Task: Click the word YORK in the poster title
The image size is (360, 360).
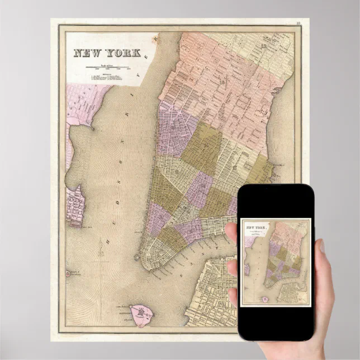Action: pos(124,54)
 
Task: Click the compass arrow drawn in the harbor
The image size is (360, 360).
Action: pos(102,246)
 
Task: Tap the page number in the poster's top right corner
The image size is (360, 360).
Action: pos(299,23)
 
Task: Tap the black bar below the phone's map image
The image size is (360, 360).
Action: pos(275,321)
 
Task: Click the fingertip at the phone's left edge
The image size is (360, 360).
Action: pos(231,230)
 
